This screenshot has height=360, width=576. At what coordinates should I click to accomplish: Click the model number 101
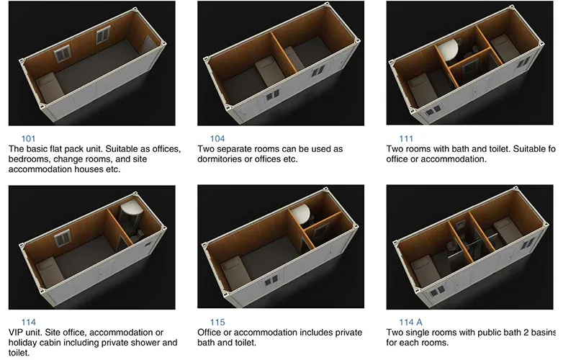pos(29,138)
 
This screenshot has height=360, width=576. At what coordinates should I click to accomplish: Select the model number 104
pos(217,138)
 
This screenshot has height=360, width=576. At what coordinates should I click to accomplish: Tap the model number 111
pos(405,138)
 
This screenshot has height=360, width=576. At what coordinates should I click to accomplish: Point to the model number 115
pos(217,322)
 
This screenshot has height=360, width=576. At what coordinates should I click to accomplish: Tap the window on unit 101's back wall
pos(63,52)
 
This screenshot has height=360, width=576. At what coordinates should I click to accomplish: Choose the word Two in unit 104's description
pos(207,149)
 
